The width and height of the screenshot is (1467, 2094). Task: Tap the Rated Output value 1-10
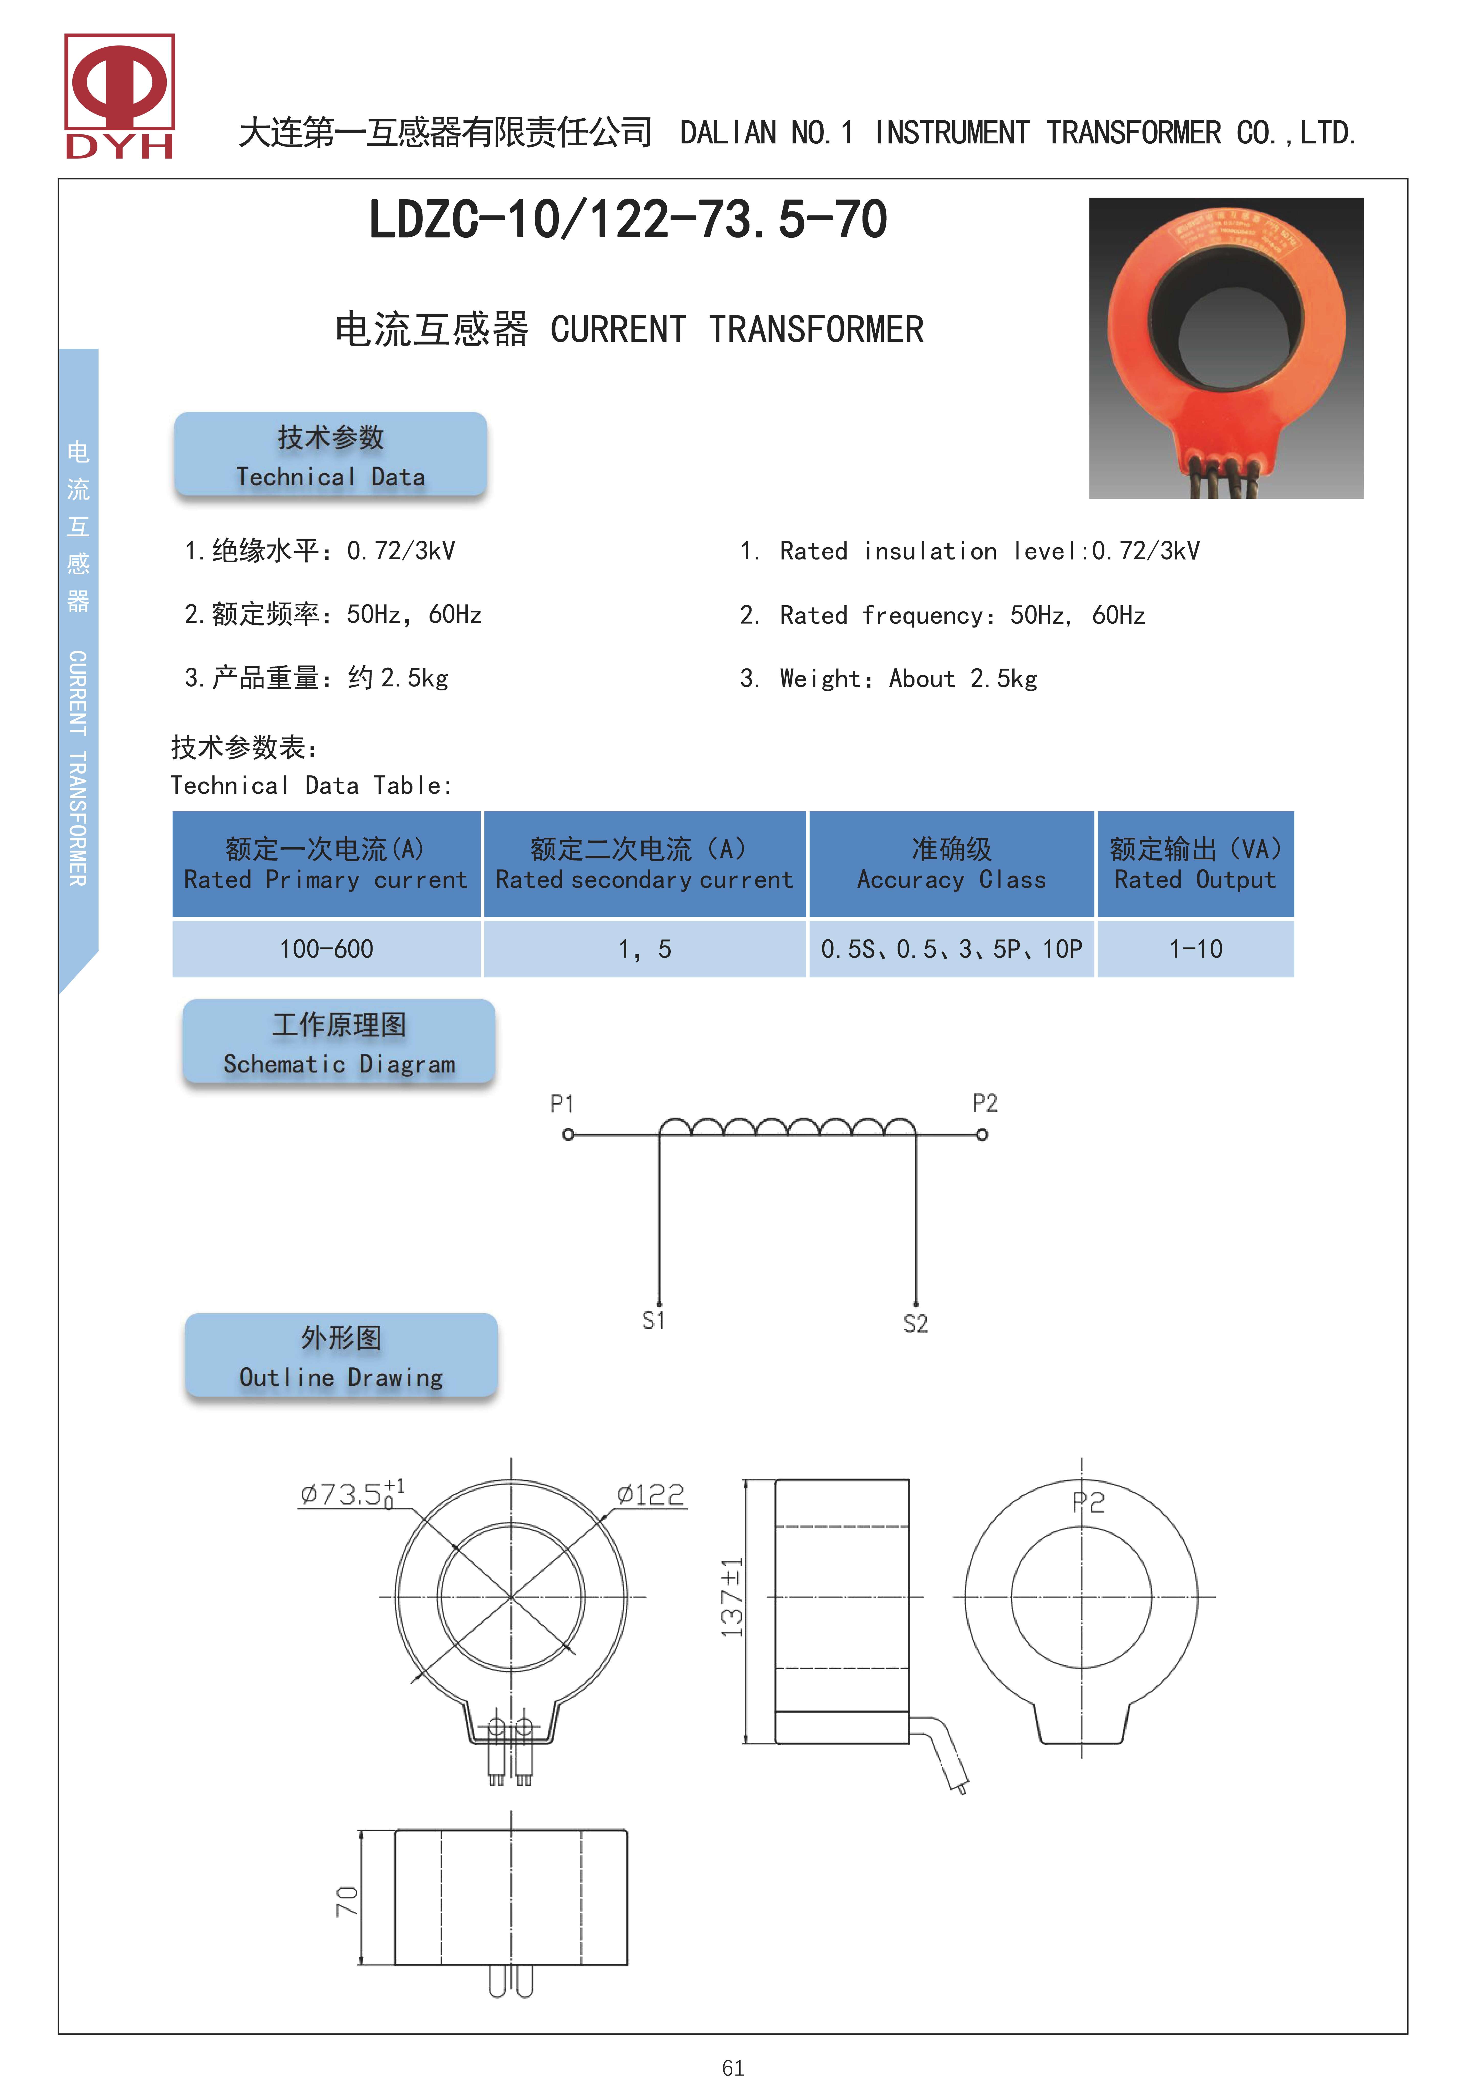click(x=1195, y=949)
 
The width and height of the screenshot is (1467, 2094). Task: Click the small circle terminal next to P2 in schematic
click(x=982, y=1135)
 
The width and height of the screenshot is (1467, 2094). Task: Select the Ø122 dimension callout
click(x=651, y=1495)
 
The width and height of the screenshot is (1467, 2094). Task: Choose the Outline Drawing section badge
click(x=341, y=1355)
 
